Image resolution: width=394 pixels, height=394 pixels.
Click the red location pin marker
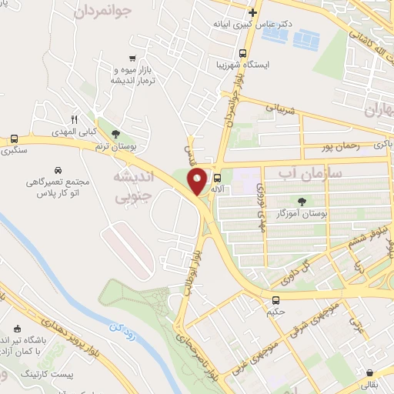click(198, 181)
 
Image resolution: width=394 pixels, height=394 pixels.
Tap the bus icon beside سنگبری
click(14, 139)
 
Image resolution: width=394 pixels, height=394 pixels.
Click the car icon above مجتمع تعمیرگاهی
click(58, 169)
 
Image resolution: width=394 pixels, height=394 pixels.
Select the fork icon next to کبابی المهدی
click(75, 120)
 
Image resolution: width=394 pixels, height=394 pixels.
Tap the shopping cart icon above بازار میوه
click(133, 58)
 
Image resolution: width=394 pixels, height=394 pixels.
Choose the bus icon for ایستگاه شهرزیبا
click(243, 54)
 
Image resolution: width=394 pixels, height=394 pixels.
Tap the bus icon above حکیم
click(275, 299)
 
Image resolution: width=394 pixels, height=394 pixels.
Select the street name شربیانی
click(280, 110)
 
